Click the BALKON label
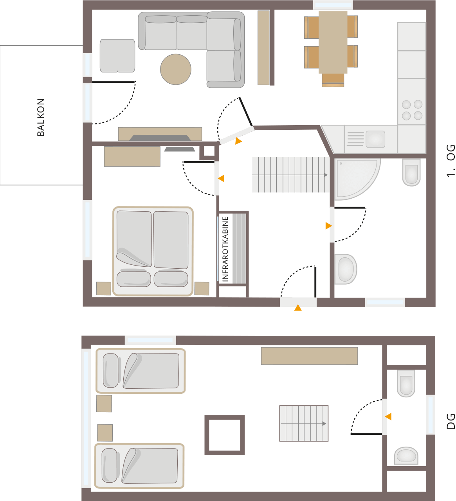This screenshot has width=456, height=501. click(x=41, y=117)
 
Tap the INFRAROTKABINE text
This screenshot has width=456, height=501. click(x=225, y=249)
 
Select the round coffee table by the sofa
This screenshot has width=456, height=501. click(x=176, y=69)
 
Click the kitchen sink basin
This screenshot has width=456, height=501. click(x=375, y=139)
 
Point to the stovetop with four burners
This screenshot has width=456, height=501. click(x=412, y=110)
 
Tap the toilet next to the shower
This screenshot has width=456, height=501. click(x=411, y=172)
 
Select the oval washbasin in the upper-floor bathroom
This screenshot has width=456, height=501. click(x=345, y=269)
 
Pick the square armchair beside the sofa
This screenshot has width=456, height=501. click(x=117, y=56)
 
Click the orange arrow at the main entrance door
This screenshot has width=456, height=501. click(x=298, y=308)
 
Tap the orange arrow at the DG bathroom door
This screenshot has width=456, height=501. click(x=388, y=417)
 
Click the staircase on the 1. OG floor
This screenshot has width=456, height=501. click(x=290, y=175)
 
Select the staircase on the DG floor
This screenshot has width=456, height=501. click(x=304, y=424)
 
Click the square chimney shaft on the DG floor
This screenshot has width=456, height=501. click(x=225, y=435)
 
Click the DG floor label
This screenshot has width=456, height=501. click(x=451, y=421)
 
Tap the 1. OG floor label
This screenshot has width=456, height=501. click(x=451, y=160)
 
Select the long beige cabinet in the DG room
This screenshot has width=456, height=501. click(x=309, y=356)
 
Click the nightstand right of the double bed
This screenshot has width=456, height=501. click(x=202, y=289)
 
